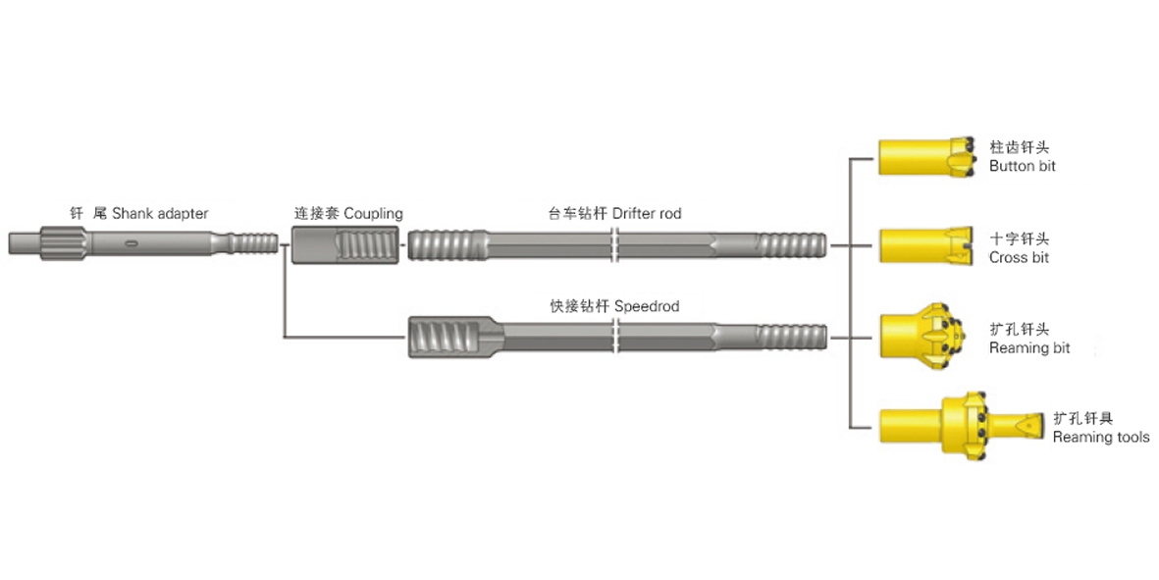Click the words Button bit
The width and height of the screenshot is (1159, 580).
point(1023,167)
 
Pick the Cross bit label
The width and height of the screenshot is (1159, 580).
point(1019,257)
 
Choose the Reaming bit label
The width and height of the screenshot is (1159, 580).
point(1029,347)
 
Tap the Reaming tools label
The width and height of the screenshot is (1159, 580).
point(1100,437)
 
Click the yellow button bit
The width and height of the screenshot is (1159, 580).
point(926,157)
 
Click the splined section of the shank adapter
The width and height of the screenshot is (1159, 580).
point(62,242)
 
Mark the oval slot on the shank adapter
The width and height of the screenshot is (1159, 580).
point(132,242)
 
